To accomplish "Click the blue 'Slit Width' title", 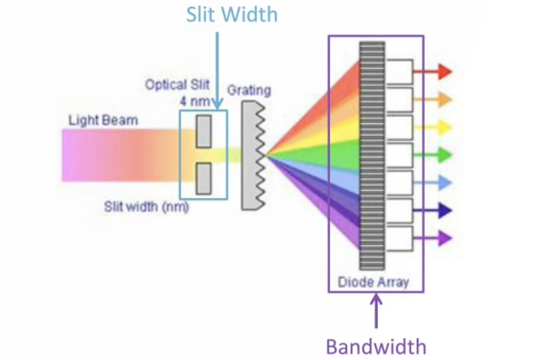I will coord(232,15).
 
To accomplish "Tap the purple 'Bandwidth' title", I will coord(376,347).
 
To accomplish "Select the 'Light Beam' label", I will coord(103,120).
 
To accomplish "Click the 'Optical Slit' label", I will coord(177,85).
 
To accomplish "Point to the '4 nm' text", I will coord(194,101).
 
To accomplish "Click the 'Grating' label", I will coord(249,90).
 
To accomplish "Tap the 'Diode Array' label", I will coord(373,282).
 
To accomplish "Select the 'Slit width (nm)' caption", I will coord(146,206).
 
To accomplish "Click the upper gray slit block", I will coord(204,131).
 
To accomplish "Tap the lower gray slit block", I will coord(204,179).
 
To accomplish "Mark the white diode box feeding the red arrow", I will coord(399,72).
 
